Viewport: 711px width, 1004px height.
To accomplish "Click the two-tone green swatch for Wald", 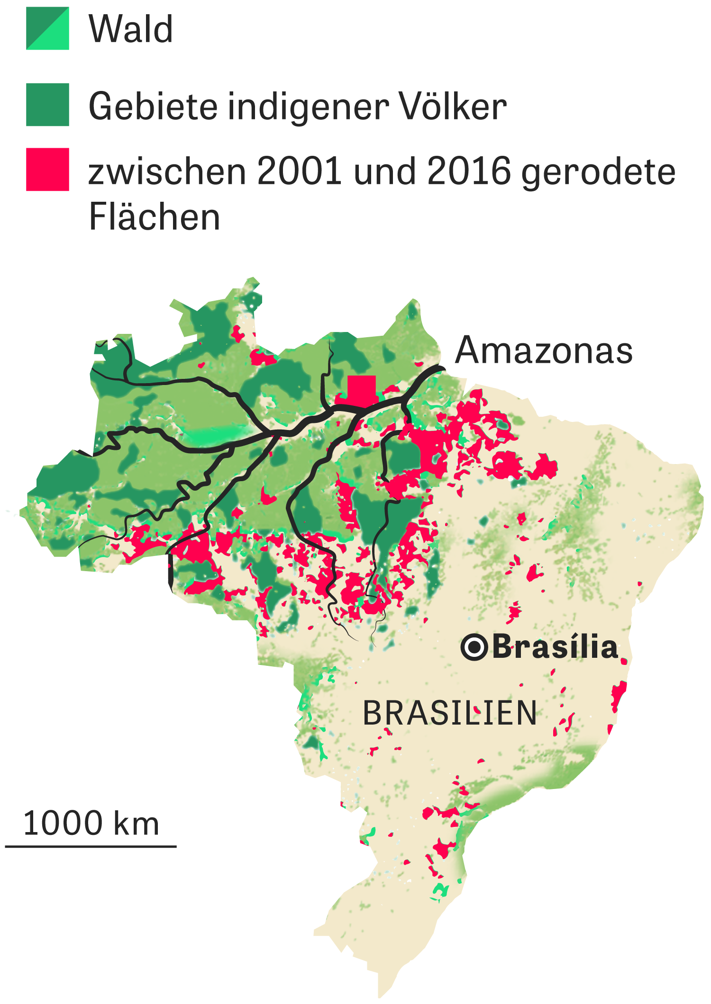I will pyautogui.click(x=47, y=28).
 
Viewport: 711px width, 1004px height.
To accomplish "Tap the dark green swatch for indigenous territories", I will pyautogui.click(x=47, y=105).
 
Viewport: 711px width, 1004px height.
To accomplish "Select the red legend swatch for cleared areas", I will pyautogui.click(x=47, y=170).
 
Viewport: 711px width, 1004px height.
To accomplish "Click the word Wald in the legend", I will pyautogui.click(x=131, y=29).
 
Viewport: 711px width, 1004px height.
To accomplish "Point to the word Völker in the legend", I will pyautogui.click(x=453, y=106).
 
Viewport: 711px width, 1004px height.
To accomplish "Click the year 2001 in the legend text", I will pyautogui.click(x=299, y=171).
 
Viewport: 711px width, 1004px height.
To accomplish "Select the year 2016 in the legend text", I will pyautogui.click(x=469, y=171).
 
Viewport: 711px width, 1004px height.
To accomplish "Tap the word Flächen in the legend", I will pyautogui.click(x=155, y=217).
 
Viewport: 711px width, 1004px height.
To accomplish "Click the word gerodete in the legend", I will pyautogui.click(x=599, y=172).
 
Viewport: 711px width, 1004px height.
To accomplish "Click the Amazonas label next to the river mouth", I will pyautogui.click(x=544, y=350).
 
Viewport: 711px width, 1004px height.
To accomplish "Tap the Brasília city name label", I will pyautogui.click(x=555, y=647).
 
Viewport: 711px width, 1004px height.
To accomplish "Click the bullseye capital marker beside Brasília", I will pyautogui.click(x=474, y=647).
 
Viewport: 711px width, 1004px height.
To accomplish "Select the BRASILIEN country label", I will pyautogui.click(x=449, y=713).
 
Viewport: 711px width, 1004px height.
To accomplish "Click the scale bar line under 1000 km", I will pyautogui.click(x=91, y=846).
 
